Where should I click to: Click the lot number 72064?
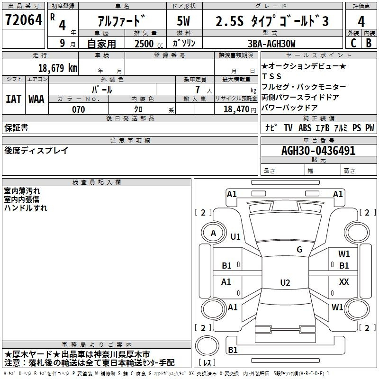(x=24, y=20)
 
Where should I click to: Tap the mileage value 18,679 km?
(x=58, y=68)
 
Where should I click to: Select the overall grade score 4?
(x=361, y=21)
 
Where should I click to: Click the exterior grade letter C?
(x=353, y=43)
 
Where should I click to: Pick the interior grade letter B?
(x=369, y=43)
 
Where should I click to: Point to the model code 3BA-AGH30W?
(x=271, y=44)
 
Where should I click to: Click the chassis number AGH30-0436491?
(x=318, y=151)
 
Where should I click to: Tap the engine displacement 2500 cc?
(x=149, y=44)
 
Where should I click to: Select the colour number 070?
(x=79, y=109)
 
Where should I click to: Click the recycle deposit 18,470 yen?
(x=240, y=109)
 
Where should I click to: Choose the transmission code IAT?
(x=13, y=99)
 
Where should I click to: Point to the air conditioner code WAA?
(x=36, y=99)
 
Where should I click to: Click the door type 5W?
(x=183, y=21)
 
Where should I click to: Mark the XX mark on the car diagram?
(x=344, y=281)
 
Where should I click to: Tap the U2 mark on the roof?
(x=285, y=282)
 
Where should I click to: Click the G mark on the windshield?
(x=299, y=249)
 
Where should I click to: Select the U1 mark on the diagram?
(x=235, y=236)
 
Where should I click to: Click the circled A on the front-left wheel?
(x=214, y=233)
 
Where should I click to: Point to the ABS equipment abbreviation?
(x=305, y=128)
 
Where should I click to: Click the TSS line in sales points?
(x=271, y=76)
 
